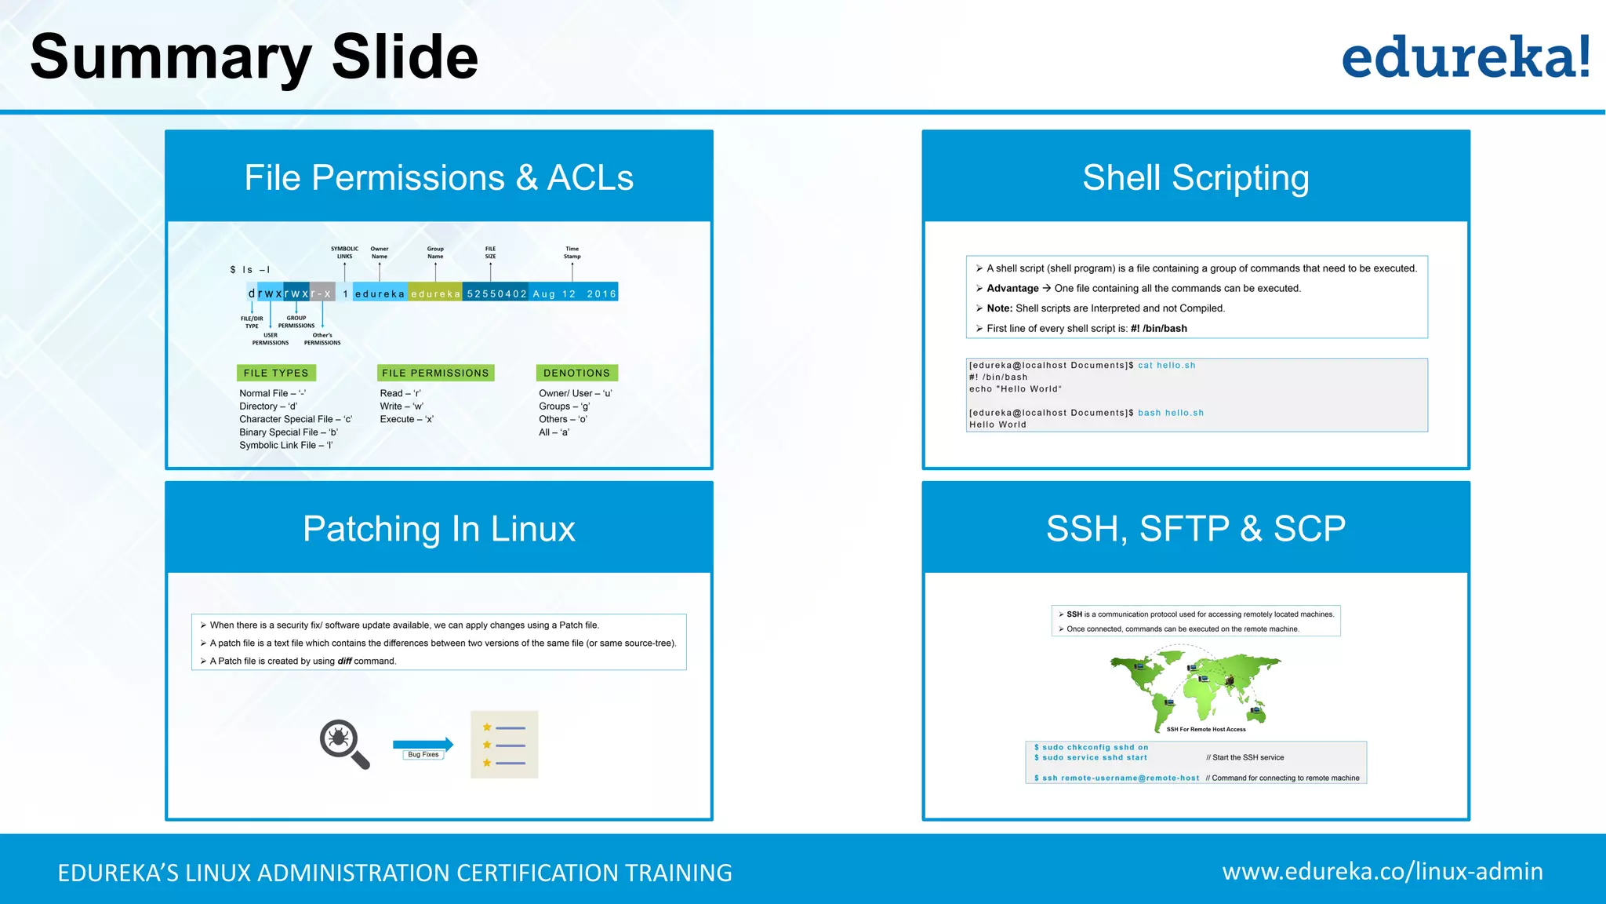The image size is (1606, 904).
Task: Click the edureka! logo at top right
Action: (x=1465, y=58)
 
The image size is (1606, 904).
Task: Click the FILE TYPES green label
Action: (x=276, y=373)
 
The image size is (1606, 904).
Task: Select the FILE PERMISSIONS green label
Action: (x=435, y=373)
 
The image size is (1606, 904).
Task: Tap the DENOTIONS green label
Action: (x=576, y=373)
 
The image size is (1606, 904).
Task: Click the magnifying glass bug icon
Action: (x=343, y=743)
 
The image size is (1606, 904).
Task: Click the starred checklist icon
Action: (x=504, y=744)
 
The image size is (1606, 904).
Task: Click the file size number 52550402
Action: (x=496, y=293)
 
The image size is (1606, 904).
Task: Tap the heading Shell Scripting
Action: (x=1195, y=177)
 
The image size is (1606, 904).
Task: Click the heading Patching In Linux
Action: (x=438, y=528)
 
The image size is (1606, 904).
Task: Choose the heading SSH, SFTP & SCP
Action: (x=1195, y=528)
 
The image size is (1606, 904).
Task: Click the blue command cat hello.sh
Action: (x=1166, y=365)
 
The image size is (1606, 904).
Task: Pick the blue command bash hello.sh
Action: (x=1170, y=413)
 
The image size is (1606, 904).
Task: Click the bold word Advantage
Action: (x=1012, y=288)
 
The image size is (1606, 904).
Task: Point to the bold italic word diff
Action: (x=344, y=661)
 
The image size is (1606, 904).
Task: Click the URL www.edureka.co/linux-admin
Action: (x=1382, y=871)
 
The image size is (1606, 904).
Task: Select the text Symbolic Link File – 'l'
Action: (x=286, y=445)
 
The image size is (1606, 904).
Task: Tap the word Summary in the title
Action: (x=170, y=57)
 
